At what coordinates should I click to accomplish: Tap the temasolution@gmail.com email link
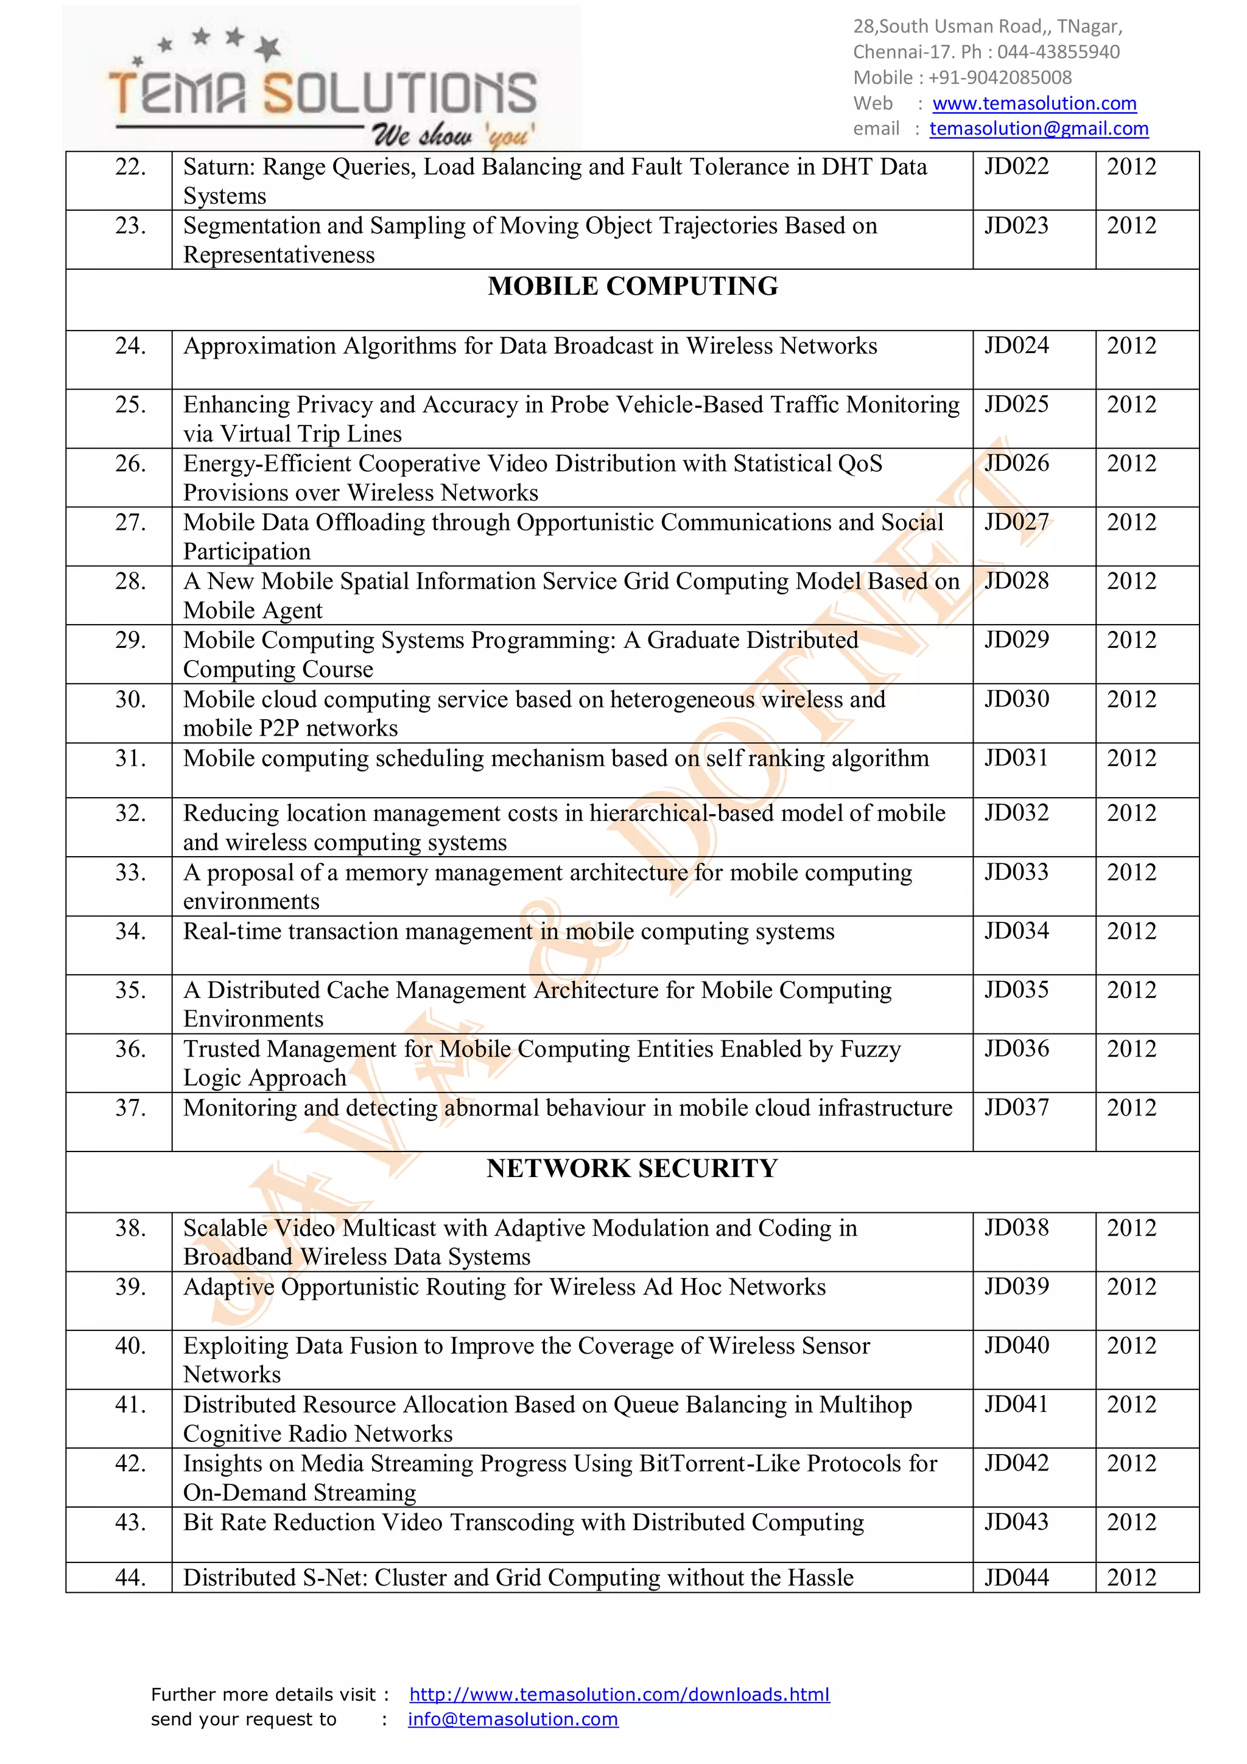point(1039,128)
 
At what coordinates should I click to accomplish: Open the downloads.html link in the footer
point(619,1694)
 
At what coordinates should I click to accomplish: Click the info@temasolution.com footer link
point(513,1719)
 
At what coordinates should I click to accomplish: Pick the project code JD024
point(1016,346)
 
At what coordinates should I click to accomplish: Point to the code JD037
point(1016,1107)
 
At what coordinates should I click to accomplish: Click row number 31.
point(131,758)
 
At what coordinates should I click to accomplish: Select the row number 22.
point(131,167)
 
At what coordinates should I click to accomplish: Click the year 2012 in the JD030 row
point(1131,699)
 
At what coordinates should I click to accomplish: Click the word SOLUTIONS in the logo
point(399,94)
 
